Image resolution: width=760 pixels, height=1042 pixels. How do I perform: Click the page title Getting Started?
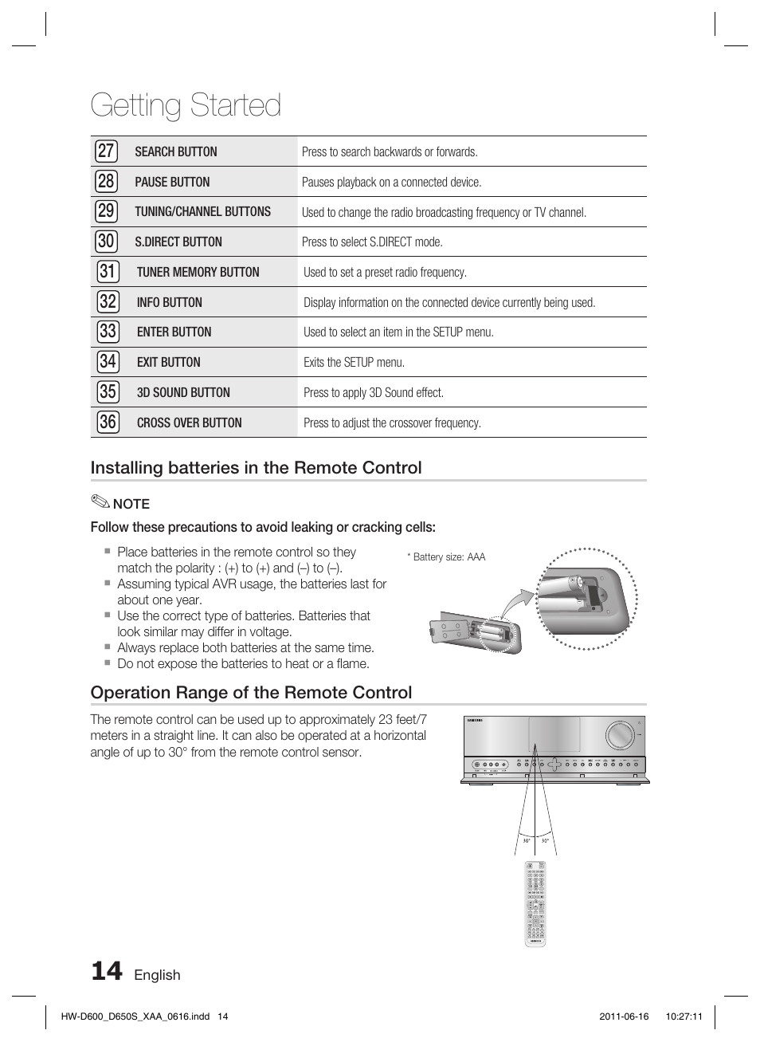[x=186, y=105]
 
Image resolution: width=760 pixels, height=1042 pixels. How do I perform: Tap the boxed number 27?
[x=106, y=151]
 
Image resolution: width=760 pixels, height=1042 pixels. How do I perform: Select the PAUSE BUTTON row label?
[x=172, y=182]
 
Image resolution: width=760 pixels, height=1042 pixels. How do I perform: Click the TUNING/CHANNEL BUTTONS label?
[x=202, y=212]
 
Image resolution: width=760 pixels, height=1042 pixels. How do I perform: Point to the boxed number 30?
[x=106, y=242]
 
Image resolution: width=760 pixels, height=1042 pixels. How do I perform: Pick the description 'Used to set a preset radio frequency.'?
[x=385, y=273]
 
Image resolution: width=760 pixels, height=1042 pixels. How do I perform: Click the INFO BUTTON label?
[x=169, y=302]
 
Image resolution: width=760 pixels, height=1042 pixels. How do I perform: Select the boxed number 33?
[x=107, y=332]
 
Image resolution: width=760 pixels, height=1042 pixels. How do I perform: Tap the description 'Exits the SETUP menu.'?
[x=354, y=363]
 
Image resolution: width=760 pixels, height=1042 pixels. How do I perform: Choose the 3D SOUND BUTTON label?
[x=183, y=392]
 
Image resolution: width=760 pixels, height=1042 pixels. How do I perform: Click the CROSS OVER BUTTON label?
[x=189, y=423]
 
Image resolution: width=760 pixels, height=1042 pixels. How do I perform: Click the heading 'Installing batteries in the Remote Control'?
[x=256, y=468]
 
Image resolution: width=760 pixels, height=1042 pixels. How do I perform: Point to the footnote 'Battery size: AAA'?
[x=448, y=557]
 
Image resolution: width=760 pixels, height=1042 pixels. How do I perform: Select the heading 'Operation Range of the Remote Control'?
[x=251, y=693]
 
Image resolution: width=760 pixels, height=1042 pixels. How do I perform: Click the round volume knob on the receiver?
[x=618, y=735]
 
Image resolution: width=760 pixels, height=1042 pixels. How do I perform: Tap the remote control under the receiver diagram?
[x=535, y=903]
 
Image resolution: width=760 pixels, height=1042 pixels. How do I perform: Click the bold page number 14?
[x=107, y=971]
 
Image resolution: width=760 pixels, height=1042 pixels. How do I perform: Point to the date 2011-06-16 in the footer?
[x=623, y=1016]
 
